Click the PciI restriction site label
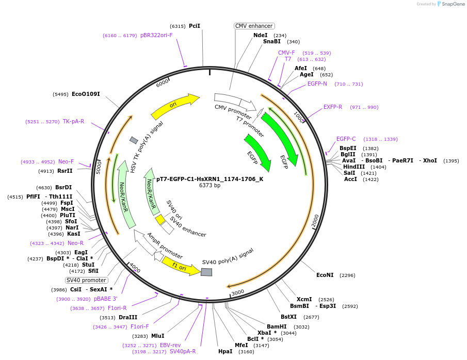[194, 26]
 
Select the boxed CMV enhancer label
[254, 26]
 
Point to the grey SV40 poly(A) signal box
[206, 272]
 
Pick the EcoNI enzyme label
[325, 275]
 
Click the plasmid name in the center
[210, 179]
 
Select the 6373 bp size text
[210, 186]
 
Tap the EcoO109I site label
[86, 94]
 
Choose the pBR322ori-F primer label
[156, 36]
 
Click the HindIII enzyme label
[354, 167]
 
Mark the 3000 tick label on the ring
[237, 292]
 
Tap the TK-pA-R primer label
[73, 122]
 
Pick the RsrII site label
[65, 171]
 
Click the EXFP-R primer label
[333, 107]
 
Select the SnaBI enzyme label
[272, 42]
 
